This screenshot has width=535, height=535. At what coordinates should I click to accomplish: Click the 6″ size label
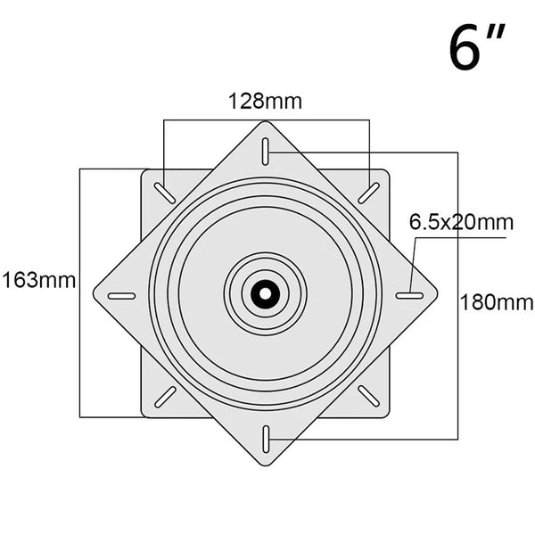click(478, 48)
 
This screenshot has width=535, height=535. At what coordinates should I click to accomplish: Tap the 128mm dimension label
click(266, 101)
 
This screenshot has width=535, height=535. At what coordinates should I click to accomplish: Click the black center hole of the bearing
click(266, 292)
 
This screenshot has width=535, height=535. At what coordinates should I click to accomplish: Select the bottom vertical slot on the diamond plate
click(266, 436)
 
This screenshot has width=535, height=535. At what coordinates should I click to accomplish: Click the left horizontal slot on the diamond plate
click(121, 295)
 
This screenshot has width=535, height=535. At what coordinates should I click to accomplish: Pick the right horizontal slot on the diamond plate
click(408, 295)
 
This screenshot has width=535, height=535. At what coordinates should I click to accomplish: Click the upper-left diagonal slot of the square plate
click(165, 193)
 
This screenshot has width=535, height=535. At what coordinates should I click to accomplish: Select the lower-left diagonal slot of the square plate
click(165, 395)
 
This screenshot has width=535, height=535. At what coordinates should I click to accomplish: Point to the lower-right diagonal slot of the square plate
click(368, 395)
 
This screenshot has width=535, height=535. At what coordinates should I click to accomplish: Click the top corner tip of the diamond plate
click(266, 123)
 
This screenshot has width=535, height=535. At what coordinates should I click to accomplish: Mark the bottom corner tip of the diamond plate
click(266, 464)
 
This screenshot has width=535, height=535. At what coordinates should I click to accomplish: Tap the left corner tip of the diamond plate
click(94, 293)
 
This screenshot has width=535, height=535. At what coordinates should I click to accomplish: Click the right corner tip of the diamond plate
click(438, 293)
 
